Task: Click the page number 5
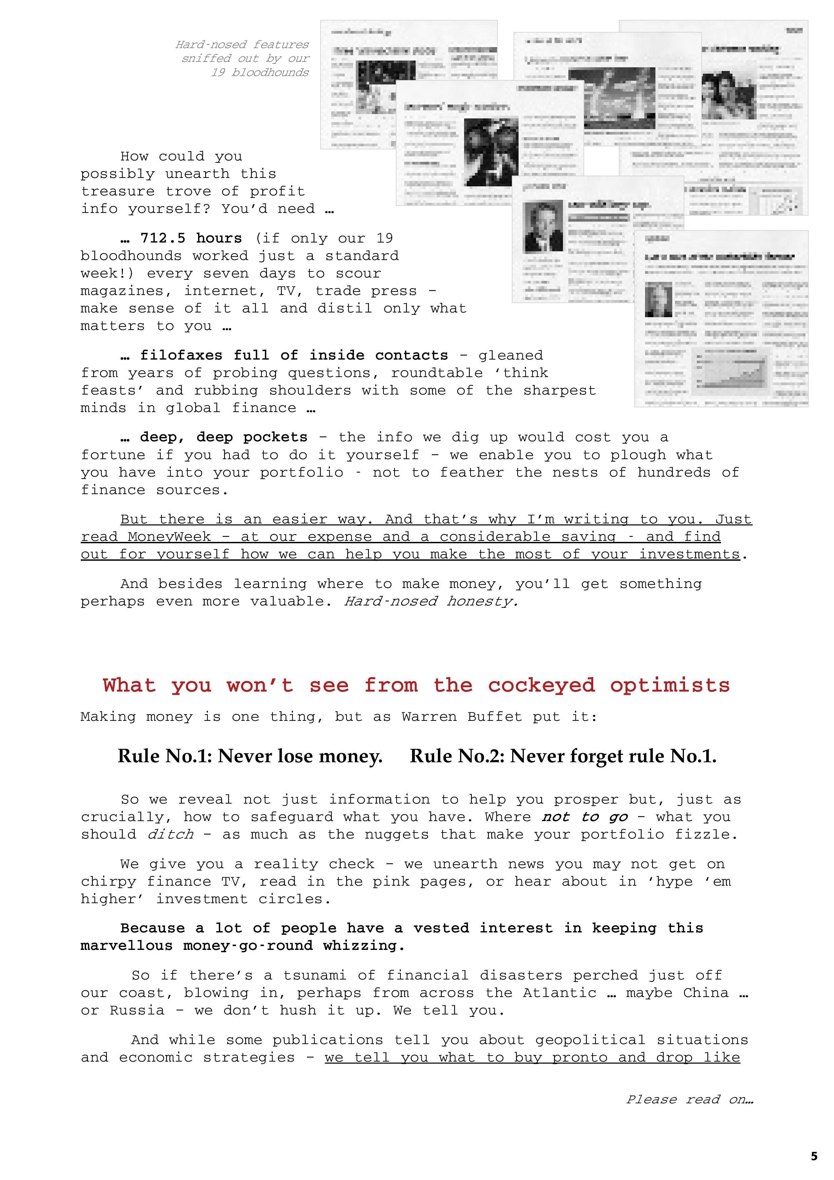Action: [814, 1156]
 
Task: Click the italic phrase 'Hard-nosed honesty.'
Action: [430, 601]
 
